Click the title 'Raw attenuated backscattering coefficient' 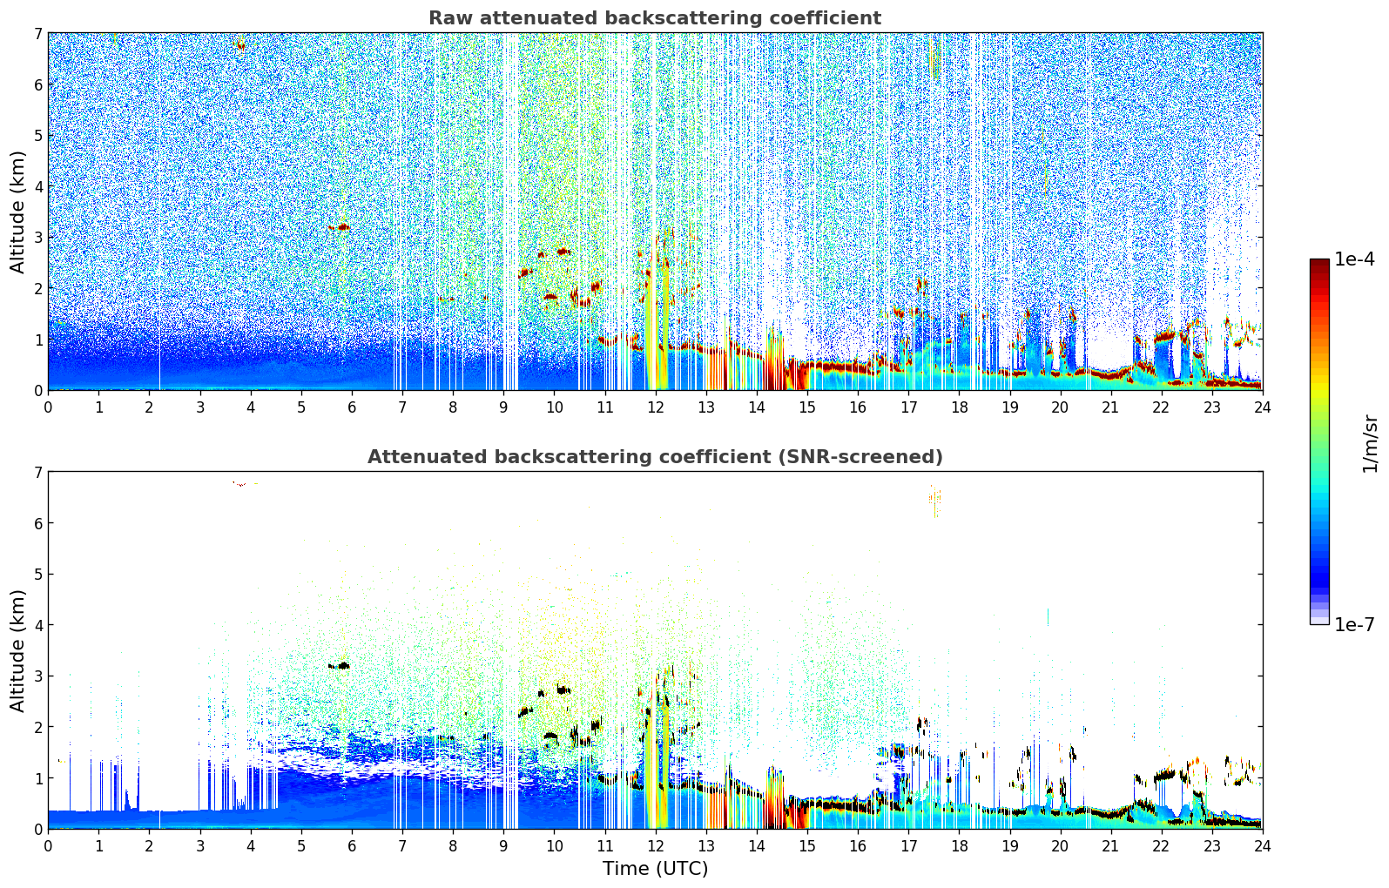pos(654,18)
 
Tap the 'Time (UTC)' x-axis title pos(655,868)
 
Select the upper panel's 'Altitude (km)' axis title pos(18,212)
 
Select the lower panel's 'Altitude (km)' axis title pos(18,650)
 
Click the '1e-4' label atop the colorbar pos(1355,259)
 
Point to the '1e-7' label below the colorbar pos(1355,624)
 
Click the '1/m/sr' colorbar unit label pos(1370,443)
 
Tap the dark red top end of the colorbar pos(1318,263)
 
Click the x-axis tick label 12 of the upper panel pos(655,407)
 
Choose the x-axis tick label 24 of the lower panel pos(1262,845)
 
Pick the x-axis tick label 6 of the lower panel pos(352,845)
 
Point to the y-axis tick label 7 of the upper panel pos(37,34)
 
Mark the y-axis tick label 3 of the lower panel pos(37,676)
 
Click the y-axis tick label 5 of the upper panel pos(37,136)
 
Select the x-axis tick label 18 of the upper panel pos(959,407)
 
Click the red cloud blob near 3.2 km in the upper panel pos(341,227)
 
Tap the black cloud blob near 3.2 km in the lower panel pos(341,666)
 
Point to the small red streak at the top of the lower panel pos(239,483)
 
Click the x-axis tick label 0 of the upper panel pos(48,407)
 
